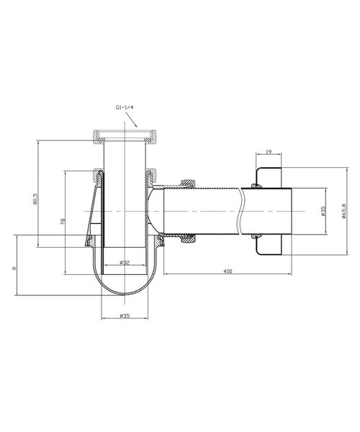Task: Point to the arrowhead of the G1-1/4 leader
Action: click(137, 128)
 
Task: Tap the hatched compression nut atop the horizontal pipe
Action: click(187, 184)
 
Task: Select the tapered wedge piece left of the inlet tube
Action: click(92, 212)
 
